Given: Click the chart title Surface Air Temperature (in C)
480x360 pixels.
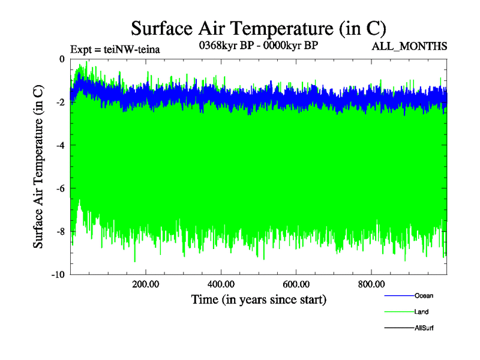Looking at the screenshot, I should [258, 28].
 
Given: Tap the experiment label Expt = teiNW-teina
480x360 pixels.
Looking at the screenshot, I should [115, 49].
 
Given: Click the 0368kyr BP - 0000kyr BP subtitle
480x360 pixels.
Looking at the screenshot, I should [258, 45].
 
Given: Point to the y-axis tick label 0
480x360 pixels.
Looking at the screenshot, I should [62, 59].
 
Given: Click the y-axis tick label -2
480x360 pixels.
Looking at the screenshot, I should [60, 102].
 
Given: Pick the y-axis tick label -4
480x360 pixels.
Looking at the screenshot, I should [60, 145].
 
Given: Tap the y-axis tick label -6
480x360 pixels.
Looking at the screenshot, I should [60, 188].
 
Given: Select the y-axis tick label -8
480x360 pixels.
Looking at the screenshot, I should [60, 232].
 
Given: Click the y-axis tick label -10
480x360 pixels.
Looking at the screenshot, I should [58, 275].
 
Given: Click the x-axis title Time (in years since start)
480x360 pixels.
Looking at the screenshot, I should [258, 299].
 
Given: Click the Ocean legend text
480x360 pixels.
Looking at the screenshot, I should [423, 296].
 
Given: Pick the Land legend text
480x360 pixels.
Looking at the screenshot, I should [421, 312].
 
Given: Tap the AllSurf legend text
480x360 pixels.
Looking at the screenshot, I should [424, 328].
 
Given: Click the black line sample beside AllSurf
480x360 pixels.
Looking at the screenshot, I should [399, 328].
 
